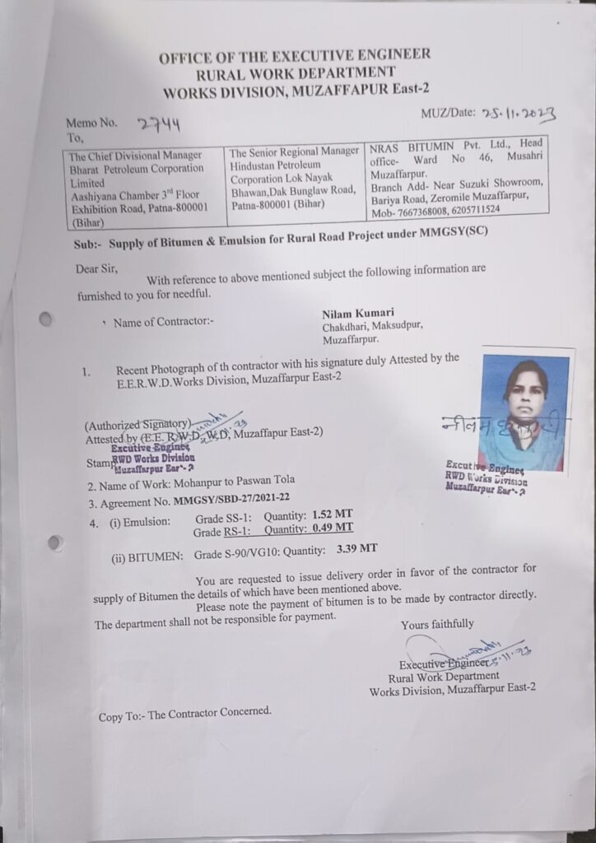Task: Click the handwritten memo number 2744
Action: [x=159, y=124]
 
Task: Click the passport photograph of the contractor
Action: [x=524, y=412]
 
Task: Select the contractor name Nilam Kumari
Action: [x=358, y=313]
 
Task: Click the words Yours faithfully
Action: [x=437, y=624]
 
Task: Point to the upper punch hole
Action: [x=46, y=319]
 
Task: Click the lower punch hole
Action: [x=55, y=542]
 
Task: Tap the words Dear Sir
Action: [x=97, y=268]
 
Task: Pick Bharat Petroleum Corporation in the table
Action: [x=137, y=169]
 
